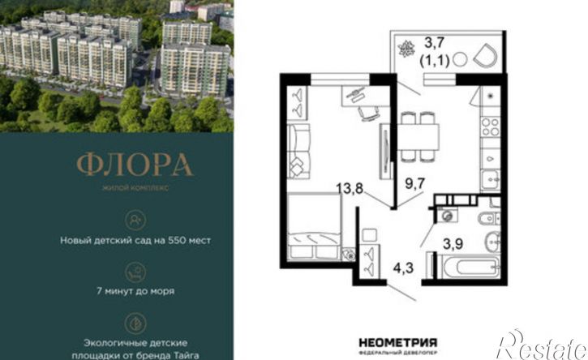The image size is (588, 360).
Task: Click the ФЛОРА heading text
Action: point(135,165)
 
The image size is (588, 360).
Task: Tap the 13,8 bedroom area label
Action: point(350,188)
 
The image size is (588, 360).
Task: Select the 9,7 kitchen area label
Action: point(414,183)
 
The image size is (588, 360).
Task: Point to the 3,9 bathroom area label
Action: point(453,244)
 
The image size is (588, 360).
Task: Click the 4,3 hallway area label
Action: point(404,268)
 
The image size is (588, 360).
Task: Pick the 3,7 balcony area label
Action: point(434,42)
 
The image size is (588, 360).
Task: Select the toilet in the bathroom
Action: point(489,218)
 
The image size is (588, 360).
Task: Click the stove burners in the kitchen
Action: point(491,126)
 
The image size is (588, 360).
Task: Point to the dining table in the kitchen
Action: point(418,137)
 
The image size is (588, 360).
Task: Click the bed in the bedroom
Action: point(314,226)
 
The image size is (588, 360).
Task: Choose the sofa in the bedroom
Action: point(298,151)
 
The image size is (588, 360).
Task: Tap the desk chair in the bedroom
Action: point(368,114)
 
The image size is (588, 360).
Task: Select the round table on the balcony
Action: point(460,60)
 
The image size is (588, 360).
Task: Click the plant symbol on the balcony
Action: point(406,49)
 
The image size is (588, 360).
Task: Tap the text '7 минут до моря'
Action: point(135,291)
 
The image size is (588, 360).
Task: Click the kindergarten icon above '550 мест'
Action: point(135,221)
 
